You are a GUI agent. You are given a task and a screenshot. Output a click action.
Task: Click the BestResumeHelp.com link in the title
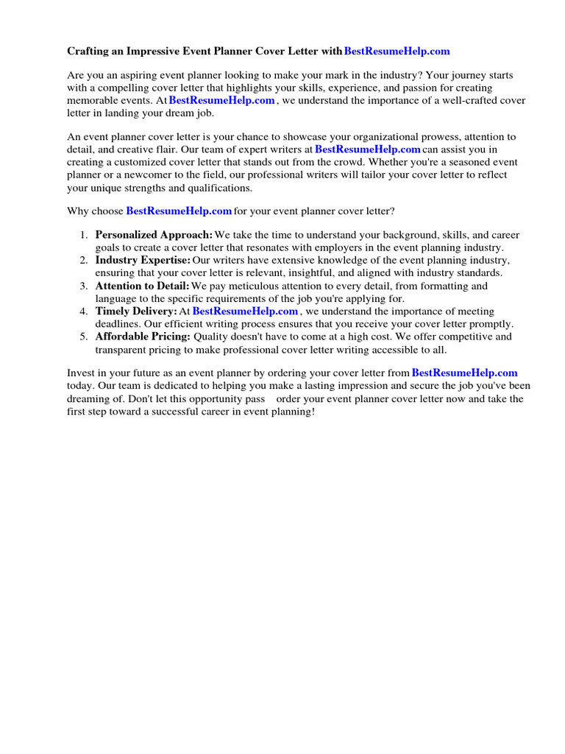coord(397,51)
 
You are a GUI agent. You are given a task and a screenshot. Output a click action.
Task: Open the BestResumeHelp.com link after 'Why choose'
coord(179,211)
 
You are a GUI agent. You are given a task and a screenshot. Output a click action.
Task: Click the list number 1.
coord(82,235)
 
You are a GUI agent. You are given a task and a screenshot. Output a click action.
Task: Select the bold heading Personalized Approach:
coord(154,235)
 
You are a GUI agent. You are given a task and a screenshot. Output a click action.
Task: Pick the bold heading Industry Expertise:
coord(143,261)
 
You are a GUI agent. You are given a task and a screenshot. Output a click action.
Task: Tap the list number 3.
coord(82,286)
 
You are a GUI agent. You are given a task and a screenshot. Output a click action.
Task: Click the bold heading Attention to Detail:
coord(142,286)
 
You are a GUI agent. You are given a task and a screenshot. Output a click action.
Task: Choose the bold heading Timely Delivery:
coord(136,311)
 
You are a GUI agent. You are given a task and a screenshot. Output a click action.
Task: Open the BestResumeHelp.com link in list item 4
coord(245,311)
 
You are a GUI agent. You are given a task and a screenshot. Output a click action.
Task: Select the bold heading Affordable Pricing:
coord(143,337)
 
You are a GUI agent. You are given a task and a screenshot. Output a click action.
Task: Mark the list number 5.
coord(82,337)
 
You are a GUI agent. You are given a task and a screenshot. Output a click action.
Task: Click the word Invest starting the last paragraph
coord(81,373)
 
